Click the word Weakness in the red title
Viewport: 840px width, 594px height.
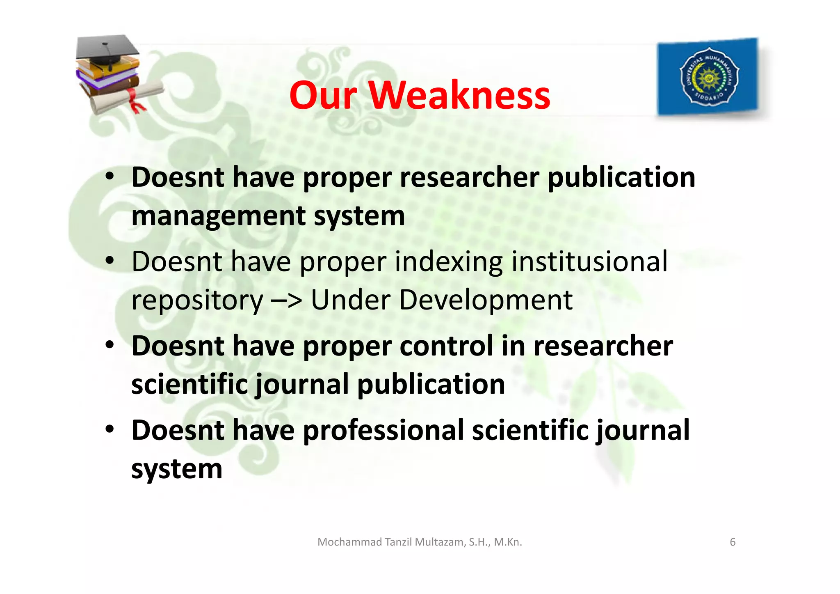pyautogui.click(x=459, y=95)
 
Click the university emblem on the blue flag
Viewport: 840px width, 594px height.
pyautogui.click(x=709, y=76)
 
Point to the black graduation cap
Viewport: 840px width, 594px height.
pyautogui.click(x=107, y=48)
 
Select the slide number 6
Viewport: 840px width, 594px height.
pyautogui.click(x=733, y=542)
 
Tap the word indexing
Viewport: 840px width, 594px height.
pyautogui.click(x=448, y=262)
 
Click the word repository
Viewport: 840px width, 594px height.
pyautogui.click(x=197, y=300)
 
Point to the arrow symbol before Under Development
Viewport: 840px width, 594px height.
pyautogui.click(x=286, y=300)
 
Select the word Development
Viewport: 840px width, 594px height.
pyautogui.click(x=485, y=300)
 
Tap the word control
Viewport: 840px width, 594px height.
pyautogui.click(x=446, y=346)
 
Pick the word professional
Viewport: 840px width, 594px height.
pyautogui.click(x=383, y=430)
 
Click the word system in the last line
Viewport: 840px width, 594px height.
pyautogui.click(x=176, y=469)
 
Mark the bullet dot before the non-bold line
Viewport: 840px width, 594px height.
pyautogui.click(x=109, y=261)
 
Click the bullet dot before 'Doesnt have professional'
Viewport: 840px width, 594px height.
pyautogui.click(x=109, y=430)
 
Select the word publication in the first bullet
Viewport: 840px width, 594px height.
pyautogui.click(x=621, y=177)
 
